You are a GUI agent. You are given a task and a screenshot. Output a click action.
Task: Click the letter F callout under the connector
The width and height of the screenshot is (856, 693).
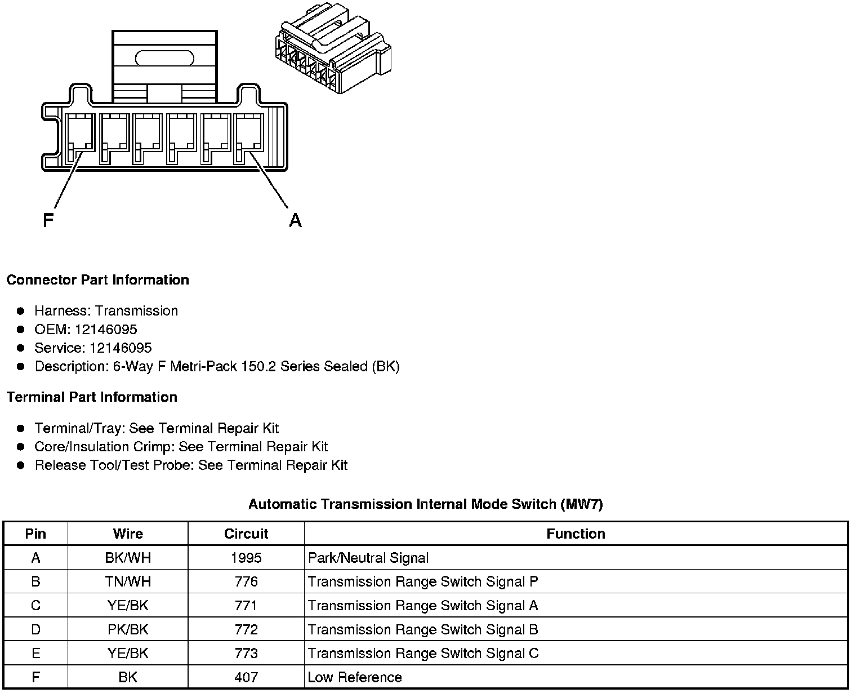click(x=48, y=220)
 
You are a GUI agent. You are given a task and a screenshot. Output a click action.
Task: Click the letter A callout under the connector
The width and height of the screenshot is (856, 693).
click(x=295, y=220)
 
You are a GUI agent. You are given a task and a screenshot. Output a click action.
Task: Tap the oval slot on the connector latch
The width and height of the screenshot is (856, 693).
click(x=164, y=58)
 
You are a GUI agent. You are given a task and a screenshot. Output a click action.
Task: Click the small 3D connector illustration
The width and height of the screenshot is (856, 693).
click(x=332, y=52)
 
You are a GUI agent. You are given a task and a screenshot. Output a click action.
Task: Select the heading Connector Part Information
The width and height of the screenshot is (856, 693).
click(x=97, y=280)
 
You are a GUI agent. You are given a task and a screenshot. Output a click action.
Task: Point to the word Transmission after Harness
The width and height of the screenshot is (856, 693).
click(x=136, y=311)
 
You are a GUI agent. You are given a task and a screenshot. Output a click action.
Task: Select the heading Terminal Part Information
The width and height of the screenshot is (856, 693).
click(x=92, y=397)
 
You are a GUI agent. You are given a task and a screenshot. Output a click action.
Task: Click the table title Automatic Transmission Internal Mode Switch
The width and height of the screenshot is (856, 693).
click(x=425, y=504)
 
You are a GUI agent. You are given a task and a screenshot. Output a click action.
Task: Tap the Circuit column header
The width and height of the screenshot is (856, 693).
click(x=246, y=534)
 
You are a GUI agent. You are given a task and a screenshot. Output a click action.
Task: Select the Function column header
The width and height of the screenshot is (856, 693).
click(x=576, y=534)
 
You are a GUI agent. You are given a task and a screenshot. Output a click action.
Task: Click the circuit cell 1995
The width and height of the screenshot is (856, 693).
click(x=246, y=558)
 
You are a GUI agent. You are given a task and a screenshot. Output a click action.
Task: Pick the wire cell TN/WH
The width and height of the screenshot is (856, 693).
click(x=128, y=581)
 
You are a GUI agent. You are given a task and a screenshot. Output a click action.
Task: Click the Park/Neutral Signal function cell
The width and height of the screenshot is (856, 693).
click(x=368, y=558)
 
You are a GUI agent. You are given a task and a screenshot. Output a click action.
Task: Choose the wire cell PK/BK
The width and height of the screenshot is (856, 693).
click(x=128, y=629)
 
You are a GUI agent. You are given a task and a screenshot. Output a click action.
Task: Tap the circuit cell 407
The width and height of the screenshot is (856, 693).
click(x=246, y=677)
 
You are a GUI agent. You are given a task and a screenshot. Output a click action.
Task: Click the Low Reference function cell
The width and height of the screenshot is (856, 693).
click(x=355, y=677)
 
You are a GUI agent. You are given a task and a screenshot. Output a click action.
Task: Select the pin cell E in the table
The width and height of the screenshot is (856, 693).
click(x=35, y=654)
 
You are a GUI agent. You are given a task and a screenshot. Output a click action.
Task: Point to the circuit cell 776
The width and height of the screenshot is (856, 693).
click(x=246, y=581)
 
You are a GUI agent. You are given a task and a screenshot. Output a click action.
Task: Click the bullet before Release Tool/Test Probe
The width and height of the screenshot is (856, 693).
click(x=21, y=465)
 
